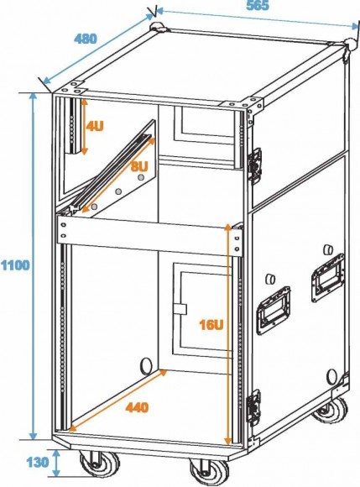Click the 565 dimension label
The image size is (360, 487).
pos(258,6)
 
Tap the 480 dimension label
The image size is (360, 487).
pos(86,39)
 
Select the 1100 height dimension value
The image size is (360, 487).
pos(15,265)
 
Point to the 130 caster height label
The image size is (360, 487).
pos(38,463)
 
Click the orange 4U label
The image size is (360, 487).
pos(94,127)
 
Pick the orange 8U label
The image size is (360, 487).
pos(139,166)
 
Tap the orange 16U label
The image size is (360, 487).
pos(211,325)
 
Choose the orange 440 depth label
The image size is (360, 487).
pos(137,407)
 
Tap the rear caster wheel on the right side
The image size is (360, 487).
pos(331,410)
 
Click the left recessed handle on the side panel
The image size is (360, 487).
pos(273,311)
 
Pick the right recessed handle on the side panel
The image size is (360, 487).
pos(328,277)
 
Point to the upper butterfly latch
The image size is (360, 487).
pos(256,165)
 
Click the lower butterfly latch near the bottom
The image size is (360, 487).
pos(253,407)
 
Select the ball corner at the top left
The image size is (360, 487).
pos(158,27)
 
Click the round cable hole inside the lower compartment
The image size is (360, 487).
pos(147,364)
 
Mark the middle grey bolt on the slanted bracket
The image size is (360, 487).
pos(118,191)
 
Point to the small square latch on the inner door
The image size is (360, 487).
pos(180,309)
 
